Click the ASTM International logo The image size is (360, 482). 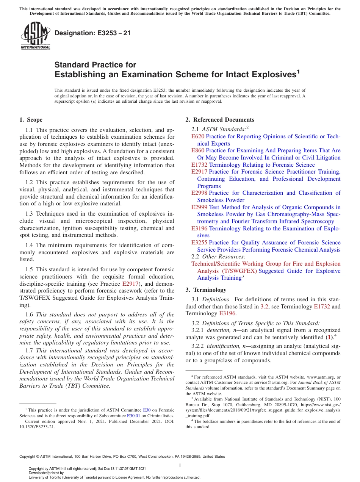coord(35,36)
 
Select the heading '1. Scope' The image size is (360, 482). coord(31,120)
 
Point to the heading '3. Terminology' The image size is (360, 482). coord(205,290)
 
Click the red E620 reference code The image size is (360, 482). coord(198,136)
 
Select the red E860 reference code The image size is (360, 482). coord(198,150)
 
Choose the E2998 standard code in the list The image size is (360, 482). coord(199,193)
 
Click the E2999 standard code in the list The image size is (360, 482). coord(199,207)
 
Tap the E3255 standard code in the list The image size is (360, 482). coord(199,243)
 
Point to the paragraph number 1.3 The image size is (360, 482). coord(30,214)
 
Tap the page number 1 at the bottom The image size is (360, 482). coord(180,465)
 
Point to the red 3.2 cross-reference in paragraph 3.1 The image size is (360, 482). coord(265,307)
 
